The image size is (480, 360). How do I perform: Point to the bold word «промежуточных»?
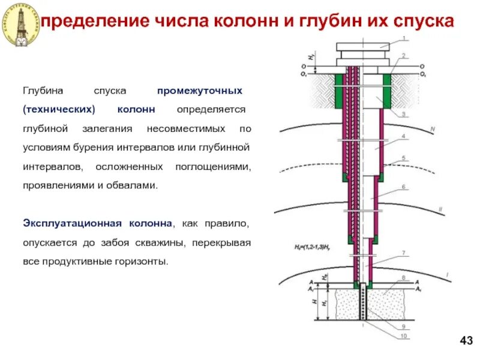pos(200,91)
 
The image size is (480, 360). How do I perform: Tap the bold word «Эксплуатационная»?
pos(68,224)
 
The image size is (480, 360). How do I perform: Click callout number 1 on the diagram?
pos(403,38)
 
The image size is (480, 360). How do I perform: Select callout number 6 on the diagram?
pos(403,187)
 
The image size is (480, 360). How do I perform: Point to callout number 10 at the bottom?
pos(403,336)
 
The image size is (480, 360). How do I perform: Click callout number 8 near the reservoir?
pos(403,278)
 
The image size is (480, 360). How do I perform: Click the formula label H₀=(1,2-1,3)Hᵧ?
pos(314,247)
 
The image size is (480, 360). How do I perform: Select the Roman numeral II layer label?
pos(440,209)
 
